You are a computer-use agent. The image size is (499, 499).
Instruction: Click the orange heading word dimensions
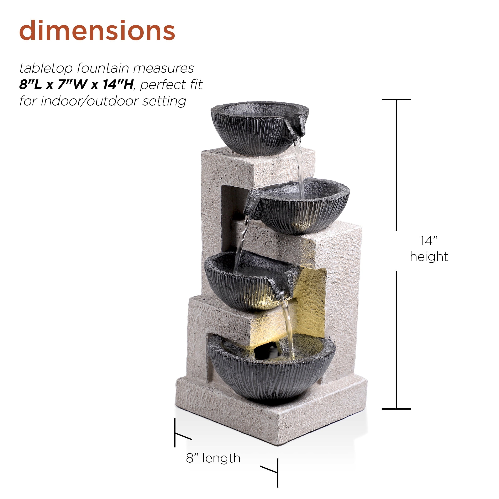click(x=97, y=31)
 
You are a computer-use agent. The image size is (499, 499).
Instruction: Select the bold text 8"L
click(x=31, y=84)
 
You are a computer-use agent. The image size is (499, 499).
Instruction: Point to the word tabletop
click(x=46, y=68)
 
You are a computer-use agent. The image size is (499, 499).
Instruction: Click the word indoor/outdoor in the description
click(x=90, y=101)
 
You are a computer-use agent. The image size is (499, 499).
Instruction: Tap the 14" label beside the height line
click(x=429, y=241)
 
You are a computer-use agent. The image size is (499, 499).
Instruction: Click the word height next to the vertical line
click(x=429, y=257)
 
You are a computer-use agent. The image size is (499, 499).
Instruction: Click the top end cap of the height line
click(x=396, y=99)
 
